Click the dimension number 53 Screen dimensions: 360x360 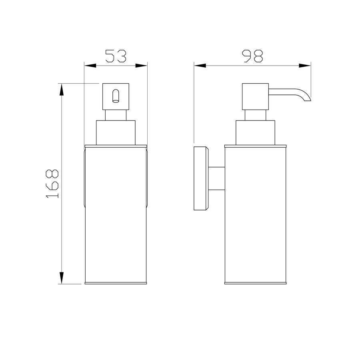(x=116, y=56)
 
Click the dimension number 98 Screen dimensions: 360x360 (x=252, y=56)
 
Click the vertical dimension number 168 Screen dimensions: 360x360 (x=52, y=184)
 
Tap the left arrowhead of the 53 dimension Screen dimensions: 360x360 (x=90, y=66)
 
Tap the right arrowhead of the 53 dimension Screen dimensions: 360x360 (x=141, y=66)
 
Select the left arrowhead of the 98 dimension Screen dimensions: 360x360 (x=200, y=66)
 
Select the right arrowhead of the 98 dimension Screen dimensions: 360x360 (x=305, y=66)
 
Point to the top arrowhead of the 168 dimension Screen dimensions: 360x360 (x=61, y=90)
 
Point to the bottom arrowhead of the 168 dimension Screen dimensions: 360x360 (x=61, y=278)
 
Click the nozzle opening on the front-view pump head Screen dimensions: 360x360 (x=116, y=96)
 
